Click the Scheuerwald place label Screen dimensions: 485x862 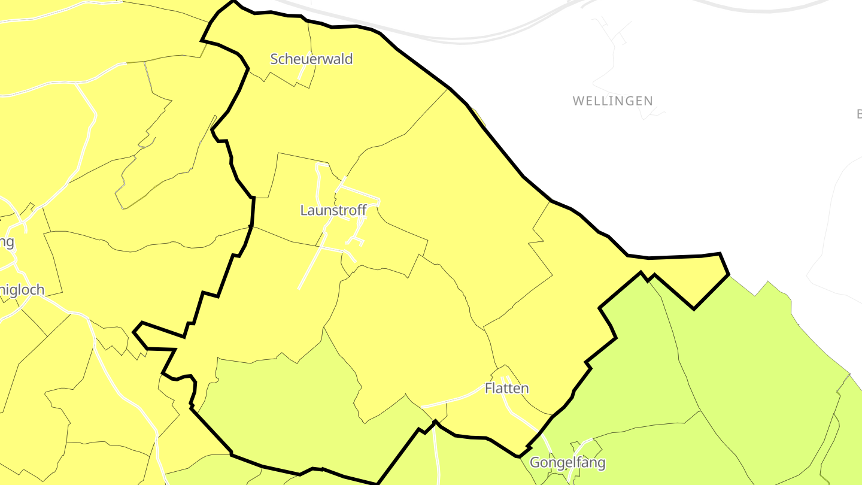pyautogui.click(x=311, y=59)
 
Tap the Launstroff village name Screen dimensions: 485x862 pyautogui.click(x=332, y=211)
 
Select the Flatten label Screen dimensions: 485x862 pyautogui.click(x=506, y=389)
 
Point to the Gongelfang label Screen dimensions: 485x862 pyautogui.click(x=567, y=463)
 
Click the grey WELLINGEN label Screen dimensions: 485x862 pyautogui.click(x=612, y=101)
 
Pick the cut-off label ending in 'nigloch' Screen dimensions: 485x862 pyautogui.click(x=22, y=290)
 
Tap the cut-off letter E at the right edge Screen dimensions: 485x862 pyautogui.click(x=858, y=114)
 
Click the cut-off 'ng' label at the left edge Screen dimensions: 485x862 pyautogui.click(x=6, y=242)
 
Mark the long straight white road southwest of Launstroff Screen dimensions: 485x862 pyautogui.click(x=311, y=263)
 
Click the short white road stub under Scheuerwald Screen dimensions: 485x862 pyautogui.click(x=303, y=72)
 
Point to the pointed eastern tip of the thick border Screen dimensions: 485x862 pyautogui.click(x=728, y=274)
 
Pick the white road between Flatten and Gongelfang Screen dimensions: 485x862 pyautogui.click(x=527, y=423)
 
